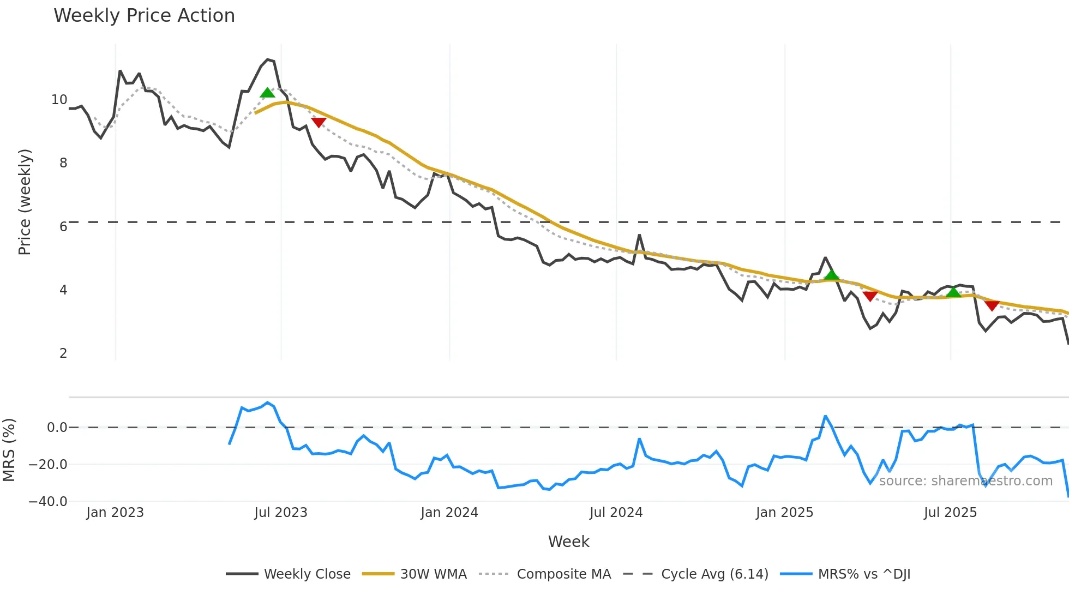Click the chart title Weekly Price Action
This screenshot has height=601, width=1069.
[x=144, y=16]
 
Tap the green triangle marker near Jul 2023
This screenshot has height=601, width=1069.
[x=267, y=93]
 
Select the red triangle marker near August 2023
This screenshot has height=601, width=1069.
[x=319, y=122]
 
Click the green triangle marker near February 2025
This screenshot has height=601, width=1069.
[x=831, y=275]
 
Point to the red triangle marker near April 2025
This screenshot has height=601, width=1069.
[x=870, y=296]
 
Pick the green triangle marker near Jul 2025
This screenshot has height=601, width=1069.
[x=953, y=293]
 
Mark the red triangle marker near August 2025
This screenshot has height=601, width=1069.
[x=992, y=305]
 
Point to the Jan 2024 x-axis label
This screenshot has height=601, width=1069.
[x=449, y=513]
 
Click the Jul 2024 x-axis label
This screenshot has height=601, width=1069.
[x=616, y=513]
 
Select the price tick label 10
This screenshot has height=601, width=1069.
[x=59, y=100]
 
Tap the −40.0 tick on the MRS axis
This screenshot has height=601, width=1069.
[x=48, y=501]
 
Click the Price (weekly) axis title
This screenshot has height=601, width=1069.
[x=25, y=202]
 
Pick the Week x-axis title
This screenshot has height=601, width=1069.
[x=568, y=542]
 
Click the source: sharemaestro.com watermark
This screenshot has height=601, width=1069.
[x=965, y=481]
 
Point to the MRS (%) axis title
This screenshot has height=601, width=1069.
[x=9, y=450]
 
